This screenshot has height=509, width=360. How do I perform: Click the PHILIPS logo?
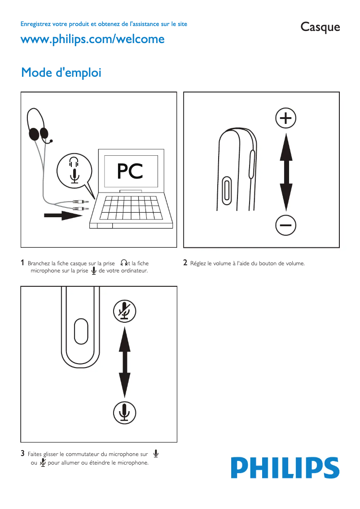pos(285,468)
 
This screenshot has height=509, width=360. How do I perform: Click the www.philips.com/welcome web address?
pos(92,39)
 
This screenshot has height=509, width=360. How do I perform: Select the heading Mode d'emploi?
pos(61,72)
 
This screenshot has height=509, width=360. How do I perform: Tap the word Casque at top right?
pos(320,27)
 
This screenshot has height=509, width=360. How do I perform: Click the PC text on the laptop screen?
pos(130,171)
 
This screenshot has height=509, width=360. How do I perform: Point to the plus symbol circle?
pos(285,118)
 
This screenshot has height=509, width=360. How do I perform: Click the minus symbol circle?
pos(285,224)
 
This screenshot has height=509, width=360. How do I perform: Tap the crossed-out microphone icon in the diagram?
pos(124,311)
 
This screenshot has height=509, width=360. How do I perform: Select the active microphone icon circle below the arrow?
pos(124,412)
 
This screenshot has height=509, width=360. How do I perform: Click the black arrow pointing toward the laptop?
pos(62,215)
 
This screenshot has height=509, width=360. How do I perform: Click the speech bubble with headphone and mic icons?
pos(75,169)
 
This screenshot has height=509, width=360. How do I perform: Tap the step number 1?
pos(22,263)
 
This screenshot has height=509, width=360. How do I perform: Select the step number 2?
pos(185,263)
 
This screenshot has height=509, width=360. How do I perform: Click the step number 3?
pos(22,454)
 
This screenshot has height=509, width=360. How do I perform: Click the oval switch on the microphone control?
pos(81,331)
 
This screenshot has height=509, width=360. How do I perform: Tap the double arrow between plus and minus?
pos(286,171)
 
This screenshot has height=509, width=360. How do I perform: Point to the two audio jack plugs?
pos(81,206)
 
